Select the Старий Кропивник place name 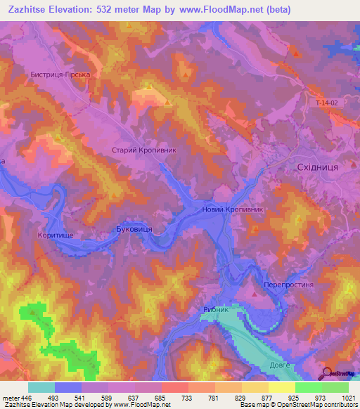(x=143, y=150)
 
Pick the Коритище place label (x=56, y=235)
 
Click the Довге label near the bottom (x=280, y=365)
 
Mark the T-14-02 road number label (x=326, y=103)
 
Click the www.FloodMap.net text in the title (x=217, y=9)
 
